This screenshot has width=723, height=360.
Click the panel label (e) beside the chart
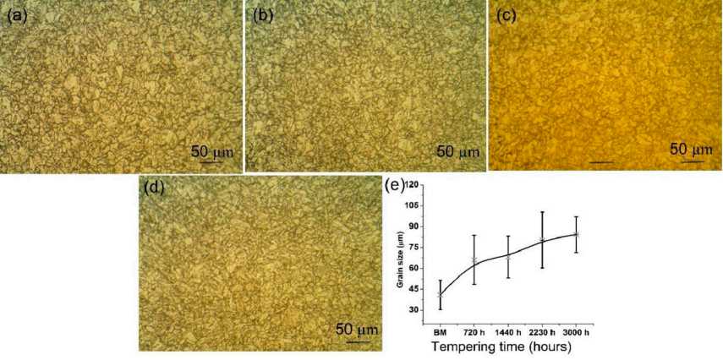pyautogui.click(x=393, y=184)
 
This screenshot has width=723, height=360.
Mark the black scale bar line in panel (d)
pyautogui.click(x=358, y=341)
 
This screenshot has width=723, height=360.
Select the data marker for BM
pyautogui.click(x=440, y=295)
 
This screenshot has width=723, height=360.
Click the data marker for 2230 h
pyautogui.click(x=542, y=240)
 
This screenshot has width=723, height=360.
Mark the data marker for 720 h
pyautogui.click(x=474, y=261)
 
